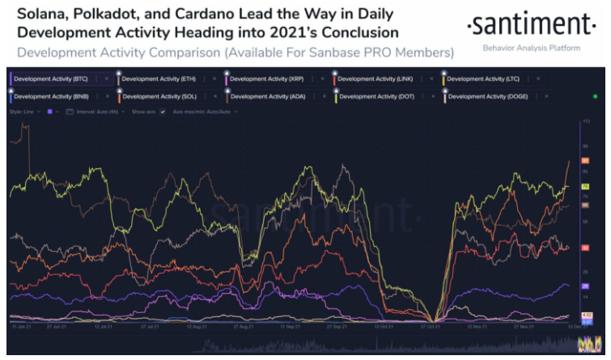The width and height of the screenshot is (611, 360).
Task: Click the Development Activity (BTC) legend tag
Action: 49,78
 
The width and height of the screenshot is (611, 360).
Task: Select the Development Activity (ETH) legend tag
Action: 159,78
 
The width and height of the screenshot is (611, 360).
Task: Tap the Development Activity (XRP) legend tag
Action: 266,78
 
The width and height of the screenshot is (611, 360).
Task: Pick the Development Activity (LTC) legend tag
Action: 482,78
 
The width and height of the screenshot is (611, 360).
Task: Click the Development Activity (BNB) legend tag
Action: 49,96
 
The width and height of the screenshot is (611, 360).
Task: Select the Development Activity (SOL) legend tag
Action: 159,96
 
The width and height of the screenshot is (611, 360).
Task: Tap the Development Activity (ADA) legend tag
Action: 266,96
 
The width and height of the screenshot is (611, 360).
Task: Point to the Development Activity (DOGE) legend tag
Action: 486,96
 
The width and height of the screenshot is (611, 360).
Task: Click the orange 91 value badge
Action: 584,161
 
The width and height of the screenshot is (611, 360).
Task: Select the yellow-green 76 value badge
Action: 584,187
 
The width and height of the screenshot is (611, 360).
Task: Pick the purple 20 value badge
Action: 584,286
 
